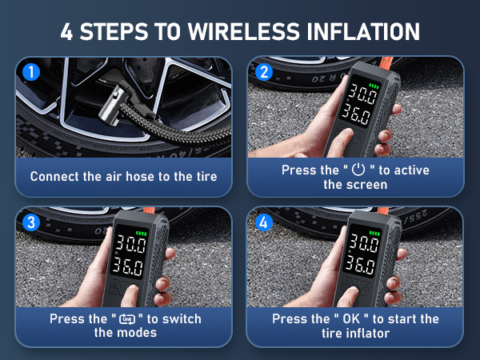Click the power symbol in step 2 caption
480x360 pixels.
click(358, 170)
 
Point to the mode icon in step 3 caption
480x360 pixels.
click(126, 319)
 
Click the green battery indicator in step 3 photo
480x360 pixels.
click(140, 234)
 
